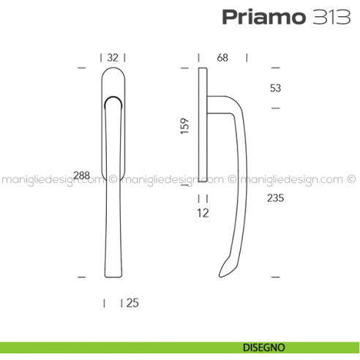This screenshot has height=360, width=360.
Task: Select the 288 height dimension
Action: pos(82,175)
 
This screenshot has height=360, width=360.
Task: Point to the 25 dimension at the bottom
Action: pos(132,302)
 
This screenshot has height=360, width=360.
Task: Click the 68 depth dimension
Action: pos(222,57)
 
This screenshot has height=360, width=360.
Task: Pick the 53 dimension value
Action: pos(275,89)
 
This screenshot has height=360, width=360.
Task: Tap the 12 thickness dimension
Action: pos(203,214)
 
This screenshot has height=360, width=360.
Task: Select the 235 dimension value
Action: pos(275,198)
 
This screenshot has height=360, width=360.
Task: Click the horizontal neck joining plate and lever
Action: pos(217,102)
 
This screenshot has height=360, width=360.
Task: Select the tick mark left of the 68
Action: pos(198,57)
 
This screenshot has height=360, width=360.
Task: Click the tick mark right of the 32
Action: pos(125,57)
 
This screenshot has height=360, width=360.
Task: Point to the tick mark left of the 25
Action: pos(105,302)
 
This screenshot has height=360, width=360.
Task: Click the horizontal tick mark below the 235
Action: pos(276,277)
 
